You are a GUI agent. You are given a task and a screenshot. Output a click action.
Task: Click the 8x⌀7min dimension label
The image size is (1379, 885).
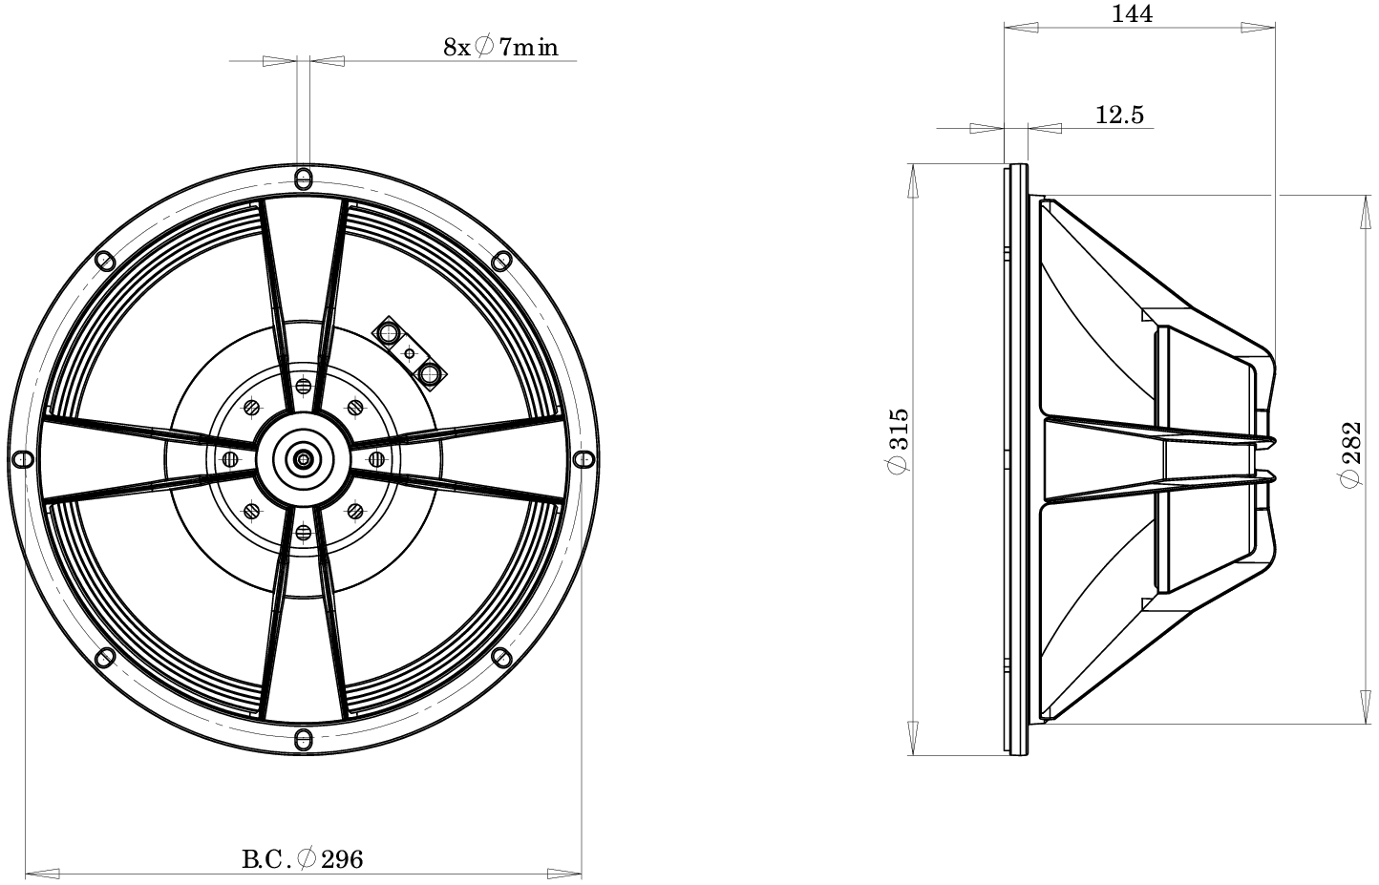(x=500, y=46)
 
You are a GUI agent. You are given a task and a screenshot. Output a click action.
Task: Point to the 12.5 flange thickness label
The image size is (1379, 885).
(x=1118, y=116)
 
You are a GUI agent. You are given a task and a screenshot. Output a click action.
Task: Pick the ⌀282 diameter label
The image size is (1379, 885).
(x=1349, y=455)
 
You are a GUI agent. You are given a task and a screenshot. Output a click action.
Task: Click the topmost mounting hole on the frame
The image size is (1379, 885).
(x=303, y=179)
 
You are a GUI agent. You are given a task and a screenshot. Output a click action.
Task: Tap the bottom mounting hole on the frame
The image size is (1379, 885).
(x=303, y=739)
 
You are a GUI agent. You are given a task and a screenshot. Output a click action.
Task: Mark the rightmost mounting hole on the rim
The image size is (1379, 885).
(x=584, y=459)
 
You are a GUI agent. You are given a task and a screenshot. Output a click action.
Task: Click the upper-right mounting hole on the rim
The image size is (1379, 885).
(x=500, y=262)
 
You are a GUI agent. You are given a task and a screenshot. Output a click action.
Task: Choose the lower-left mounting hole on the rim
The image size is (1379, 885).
(x=104, y=658)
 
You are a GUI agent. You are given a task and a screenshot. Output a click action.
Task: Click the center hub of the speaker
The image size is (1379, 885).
(x=303, y=459)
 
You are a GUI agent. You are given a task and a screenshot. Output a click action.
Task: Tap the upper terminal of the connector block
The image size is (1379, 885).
(x=390, y=333)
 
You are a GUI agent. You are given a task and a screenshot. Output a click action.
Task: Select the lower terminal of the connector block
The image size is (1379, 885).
(x=431, y=373)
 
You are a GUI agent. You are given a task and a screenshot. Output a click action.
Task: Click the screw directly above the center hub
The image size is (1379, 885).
(x=303, y=386)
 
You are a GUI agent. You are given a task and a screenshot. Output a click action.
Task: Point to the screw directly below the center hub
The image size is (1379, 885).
(x=303, y=533)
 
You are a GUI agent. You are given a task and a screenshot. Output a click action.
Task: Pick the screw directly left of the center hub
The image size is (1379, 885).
(x=229, y=459)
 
